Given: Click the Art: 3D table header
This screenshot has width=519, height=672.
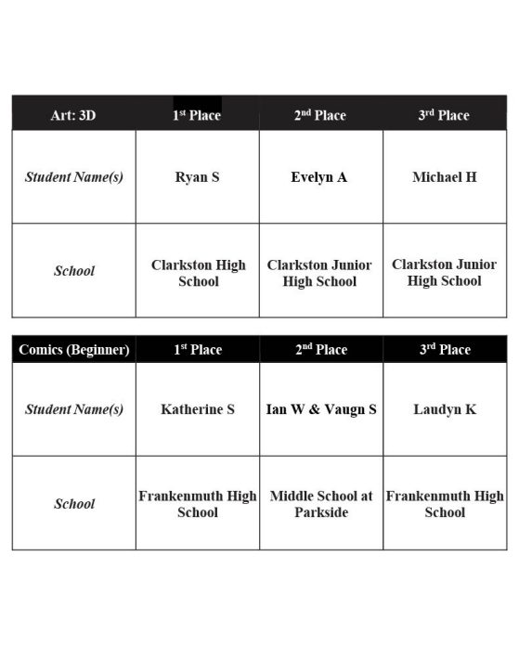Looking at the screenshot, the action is coord(73,115).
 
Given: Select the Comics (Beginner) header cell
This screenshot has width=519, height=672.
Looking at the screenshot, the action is coord(74,350).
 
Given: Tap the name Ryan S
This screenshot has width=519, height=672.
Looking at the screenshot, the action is coord(197,177).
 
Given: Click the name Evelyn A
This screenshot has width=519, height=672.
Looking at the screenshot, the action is coord(319,177).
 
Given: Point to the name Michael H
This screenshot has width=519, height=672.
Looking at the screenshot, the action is coord(445,177).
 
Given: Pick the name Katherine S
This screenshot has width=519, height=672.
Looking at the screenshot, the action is coord(197,409).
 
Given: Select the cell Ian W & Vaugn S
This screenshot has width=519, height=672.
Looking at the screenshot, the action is coord(321,409).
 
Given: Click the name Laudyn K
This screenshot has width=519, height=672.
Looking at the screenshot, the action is coord(445,409).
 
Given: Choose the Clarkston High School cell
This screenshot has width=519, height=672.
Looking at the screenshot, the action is coord(198,273).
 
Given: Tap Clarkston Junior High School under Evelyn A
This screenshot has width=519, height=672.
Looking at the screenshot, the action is coord(319,273).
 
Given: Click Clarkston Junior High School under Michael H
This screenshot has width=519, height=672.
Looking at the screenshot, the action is coord(444,273).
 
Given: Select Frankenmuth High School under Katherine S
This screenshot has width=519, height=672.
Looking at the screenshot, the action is coord(198,504).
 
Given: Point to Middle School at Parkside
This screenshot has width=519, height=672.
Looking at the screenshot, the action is coord(321,504).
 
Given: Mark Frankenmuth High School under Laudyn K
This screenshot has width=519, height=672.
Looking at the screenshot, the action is coord(445,504).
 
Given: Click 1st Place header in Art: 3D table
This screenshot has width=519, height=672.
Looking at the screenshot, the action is coord(197,115).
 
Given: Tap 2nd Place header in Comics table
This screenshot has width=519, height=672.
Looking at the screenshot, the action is coord(320,350).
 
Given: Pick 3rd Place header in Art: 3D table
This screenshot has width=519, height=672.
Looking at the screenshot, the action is coord(444,115).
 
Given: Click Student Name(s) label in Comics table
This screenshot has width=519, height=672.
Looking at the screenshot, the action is coord(74,409).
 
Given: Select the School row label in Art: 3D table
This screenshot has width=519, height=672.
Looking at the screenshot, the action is coord(74,272).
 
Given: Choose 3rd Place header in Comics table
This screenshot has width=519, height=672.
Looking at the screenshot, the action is coord(444,350).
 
